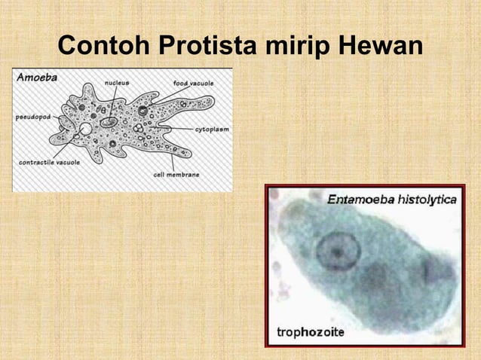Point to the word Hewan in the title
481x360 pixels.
click(x=379, y=46)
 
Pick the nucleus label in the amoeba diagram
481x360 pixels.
click(x=116, y=82)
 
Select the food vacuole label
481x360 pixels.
click(x=193, y=82)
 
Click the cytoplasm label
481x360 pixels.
click(x=212, y=130)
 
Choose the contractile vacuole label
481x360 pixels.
click(x=45, y=161)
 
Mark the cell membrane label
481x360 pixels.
click(x=176, y=174)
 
